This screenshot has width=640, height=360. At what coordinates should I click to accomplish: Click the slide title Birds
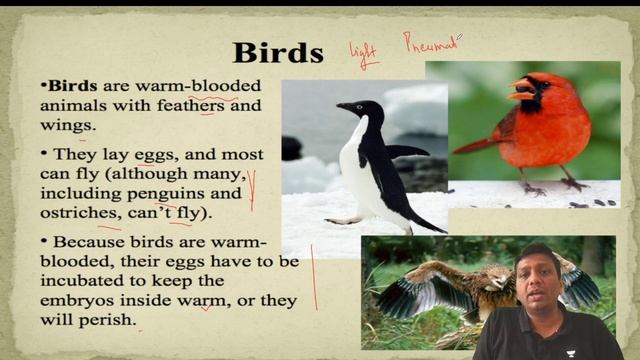(x=278, y=52)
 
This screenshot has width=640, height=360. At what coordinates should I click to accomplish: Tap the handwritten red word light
(x=363, y=53)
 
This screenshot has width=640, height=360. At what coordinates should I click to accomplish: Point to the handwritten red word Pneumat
(x=430, y=43)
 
